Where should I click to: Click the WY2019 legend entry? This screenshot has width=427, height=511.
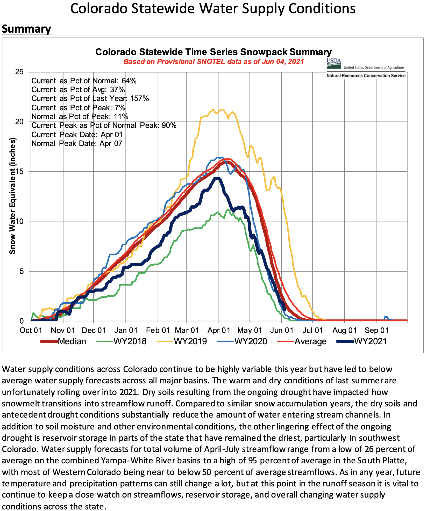pyautogui.click(x=182, y=341)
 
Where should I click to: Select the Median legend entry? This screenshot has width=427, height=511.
pyautogui.click(x=63, y=341)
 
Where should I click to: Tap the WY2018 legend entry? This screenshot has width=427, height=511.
pyautogui.click(x=122, y=341)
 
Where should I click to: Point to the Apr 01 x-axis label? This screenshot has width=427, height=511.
pyautogui.click(x=219, y=330)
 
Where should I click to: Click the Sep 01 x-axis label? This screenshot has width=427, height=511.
pyautogui.click(x=377, y=330)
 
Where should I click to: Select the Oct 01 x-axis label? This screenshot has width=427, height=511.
pyautogui.click(x=31, y=330)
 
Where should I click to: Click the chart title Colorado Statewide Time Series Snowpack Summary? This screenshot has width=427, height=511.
pyautogui.click(x=214, y=52)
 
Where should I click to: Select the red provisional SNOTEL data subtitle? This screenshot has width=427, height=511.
pyautogui.click(x=214, y=62)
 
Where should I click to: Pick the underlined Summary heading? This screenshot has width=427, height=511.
pyautogui.click(x=26, y=29)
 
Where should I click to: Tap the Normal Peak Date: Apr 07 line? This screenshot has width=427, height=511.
pyautogui.click(x=77, y=143)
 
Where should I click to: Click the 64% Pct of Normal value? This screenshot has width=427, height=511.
pyautogui.click(x=129, y=81)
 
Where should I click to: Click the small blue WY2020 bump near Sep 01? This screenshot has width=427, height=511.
pyautogui.click(x=386, y=317)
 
